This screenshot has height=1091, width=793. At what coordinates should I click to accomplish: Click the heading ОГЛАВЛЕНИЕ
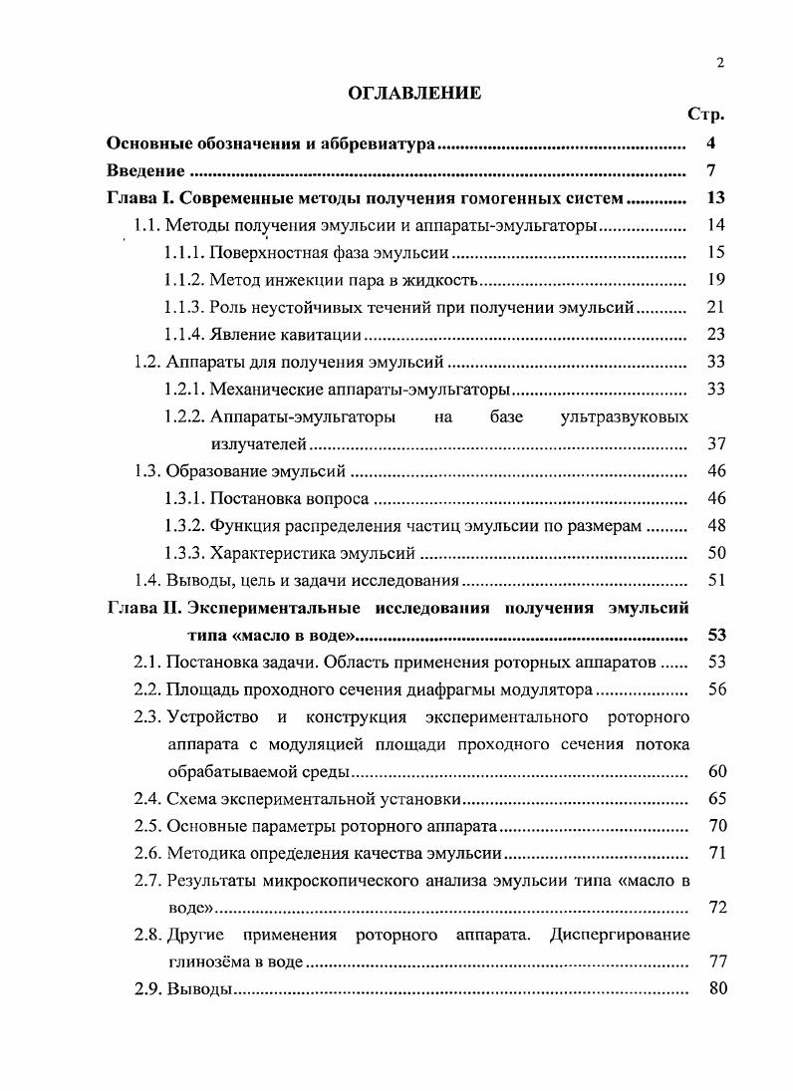pyautogui.click(x=413, y=94)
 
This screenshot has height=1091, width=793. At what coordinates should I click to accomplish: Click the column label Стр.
pyautogui.click(x=705, y=116)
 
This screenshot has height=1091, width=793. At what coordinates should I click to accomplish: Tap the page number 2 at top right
pyautogui.click(x=719, y=63)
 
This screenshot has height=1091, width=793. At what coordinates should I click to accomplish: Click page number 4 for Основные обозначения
pyautogui.click(x=710, y=143)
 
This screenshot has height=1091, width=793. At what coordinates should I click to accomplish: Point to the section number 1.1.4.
pyautogui.click(x=184, y=334)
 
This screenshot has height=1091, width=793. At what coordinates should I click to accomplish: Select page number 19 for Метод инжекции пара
pyautogui.click(x=714, y=279)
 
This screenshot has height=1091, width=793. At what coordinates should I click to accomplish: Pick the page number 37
pyautogui.click(x=714, y=443)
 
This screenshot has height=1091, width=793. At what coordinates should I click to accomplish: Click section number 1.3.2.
pyautogui.click(x=184, y=525)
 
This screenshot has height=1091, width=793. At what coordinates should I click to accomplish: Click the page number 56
pyautogui.click(x=716, y=688)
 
